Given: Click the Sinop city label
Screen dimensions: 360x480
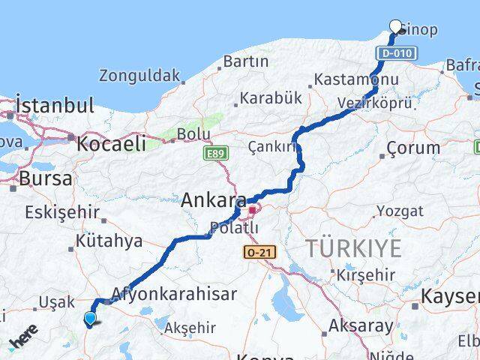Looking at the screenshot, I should coord(419,30).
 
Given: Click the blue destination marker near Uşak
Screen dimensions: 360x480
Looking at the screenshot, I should coord(90,319).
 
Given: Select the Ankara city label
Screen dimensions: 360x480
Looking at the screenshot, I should coord(214,200).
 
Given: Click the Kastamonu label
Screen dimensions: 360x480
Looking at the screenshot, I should coord(356,79).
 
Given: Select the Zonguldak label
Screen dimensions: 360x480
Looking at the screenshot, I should coord(140,76).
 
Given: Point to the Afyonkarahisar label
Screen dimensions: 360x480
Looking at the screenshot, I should coord(174,294).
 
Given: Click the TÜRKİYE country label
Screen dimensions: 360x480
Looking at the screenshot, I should coord(353,247).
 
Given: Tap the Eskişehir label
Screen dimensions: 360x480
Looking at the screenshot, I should coord(62,212).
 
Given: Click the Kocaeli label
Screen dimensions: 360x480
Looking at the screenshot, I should coord(109,144).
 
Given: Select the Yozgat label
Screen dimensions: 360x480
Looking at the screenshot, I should coord(400,211).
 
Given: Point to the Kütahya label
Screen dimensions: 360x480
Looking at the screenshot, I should coord(109,241).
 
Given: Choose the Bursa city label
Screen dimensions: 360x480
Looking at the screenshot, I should coord(46,179).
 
